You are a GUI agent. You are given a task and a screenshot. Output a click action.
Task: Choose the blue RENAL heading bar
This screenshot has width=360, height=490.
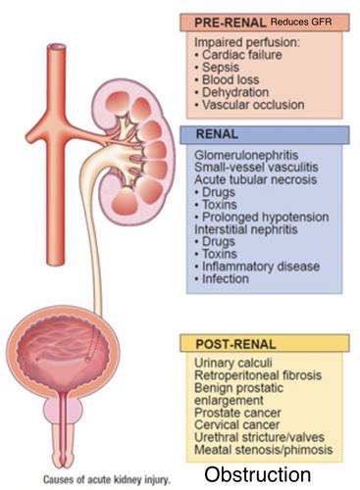coord(265,136)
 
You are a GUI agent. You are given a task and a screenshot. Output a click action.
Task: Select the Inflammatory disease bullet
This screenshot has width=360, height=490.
coord(259,266)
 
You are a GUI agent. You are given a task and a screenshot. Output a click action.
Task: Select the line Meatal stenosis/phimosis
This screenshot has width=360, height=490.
coord(264,451)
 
